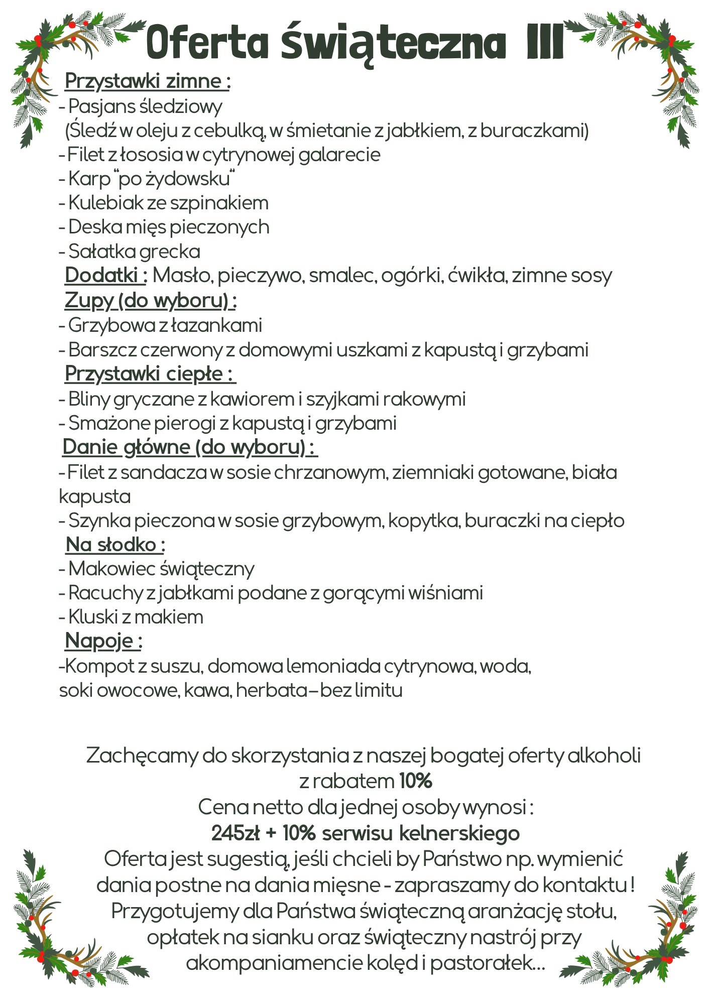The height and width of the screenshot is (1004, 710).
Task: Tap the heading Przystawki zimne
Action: [x=147, y=81]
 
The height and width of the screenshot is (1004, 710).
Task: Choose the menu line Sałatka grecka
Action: [x=134, y=251]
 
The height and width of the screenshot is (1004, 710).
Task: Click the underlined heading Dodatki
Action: [x=104, y=276]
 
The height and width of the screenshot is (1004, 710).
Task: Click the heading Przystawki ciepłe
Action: [x=150, y=374]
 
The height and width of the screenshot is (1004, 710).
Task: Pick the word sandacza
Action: [x=164, y=472]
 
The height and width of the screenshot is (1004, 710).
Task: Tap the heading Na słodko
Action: [x=115, y=545]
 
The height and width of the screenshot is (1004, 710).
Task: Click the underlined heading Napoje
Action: [x=103, y=641]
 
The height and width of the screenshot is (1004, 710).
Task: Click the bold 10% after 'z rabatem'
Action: [x=416, y=781]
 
